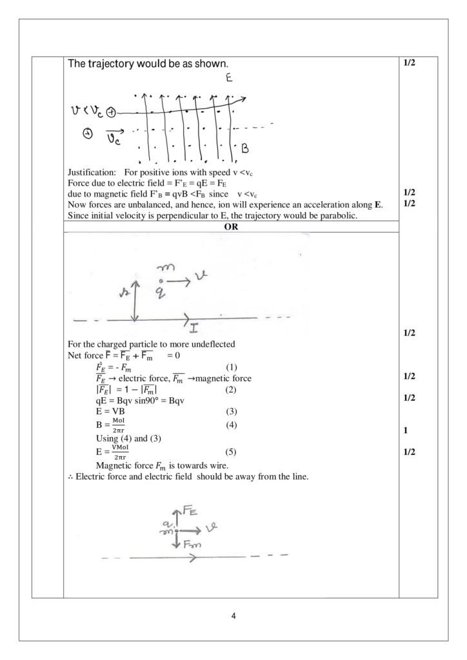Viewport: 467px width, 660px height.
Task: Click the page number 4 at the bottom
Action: [x=234, y=616]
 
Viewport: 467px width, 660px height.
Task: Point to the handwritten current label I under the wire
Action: [x=194, y=329]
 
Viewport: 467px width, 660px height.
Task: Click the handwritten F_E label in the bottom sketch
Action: [x=189, y=512]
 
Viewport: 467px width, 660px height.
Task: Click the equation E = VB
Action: [x=110, y=410]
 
